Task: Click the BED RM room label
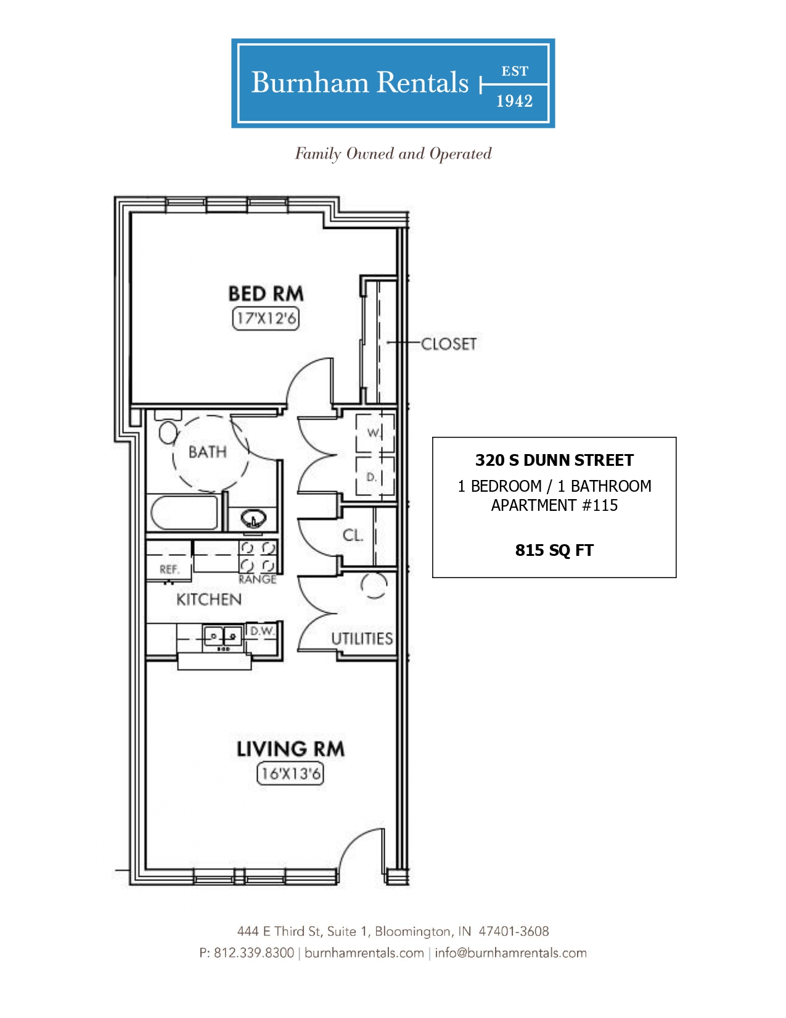[x=266, y=294]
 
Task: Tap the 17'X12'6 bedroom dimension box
[x=266, y=319]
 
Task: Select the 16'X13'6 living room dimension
[x=290, y=774]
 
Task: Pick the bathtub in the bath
[x=184, y=513]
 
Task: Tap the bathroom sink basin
[x=253, y=519]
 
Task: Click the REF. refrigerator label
[x=170, y=569]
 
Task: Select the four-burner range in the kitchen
[x=258, y=557]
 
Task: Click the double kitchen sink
[x=223, y=636]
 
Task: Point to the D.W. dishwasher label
[x=261, y=631]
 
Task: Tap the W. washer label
[x=373, y=433]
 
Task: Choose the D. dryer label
[x=371, y=478]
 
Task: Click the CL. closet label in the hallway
[x=353, y=535]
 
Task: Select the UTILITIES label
[x=362, y=639]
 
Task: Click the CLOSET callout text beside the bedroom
[x=448, y=344]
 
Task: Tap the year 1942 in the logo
[x=515, y=101]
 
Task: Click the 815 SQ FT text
[x=554, y=550]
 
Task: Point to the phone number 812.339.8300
[x=254, y=953]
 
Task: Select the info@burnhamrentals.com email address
[x=510, y=953]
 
